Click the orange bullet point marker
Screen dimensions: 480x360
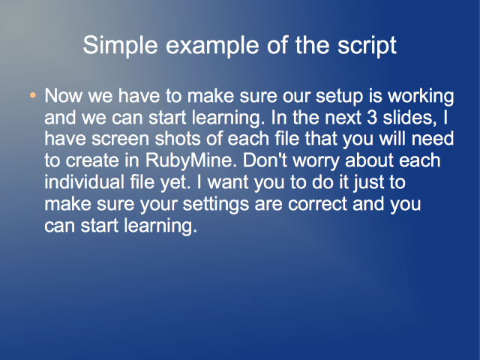click(33, 95)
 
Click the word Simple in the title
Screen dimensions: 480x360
click(120, 46)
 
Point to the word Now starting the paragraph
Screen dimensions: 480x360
click(63, 96)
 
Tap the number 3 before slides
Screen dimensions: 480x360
click(372, 118)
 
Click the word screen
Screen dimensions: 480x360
click(120, 139)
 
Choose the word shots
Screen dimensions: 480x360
click(178, 139)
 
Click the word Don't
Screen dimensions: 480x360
click(265, 160)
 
